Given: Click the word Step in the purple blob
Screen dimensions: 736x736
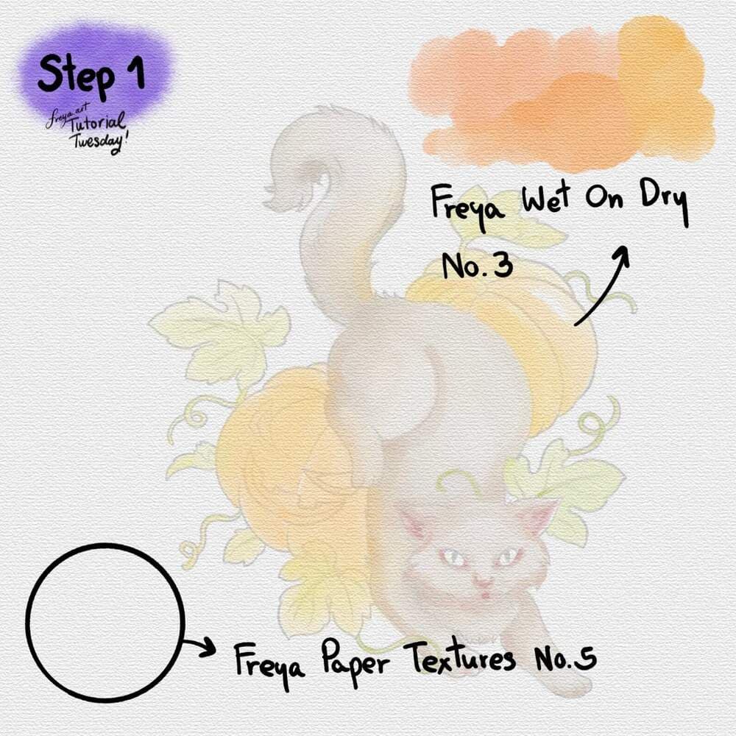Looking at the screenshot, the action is point(76,74).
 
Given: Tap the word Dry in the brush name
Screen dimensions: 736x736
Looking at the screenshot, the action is point(664,204).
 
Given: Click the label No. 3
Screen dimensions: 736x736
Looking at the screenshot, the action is point(477,266).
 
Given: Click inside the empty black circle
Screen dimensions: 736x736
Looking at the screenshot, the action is point(105,623).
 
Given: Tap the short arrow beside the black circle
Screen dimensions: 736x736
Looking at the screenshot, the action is point(199,648).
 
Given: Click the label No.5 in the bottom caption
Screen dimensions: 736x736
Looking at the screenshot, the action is point(565,657).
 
